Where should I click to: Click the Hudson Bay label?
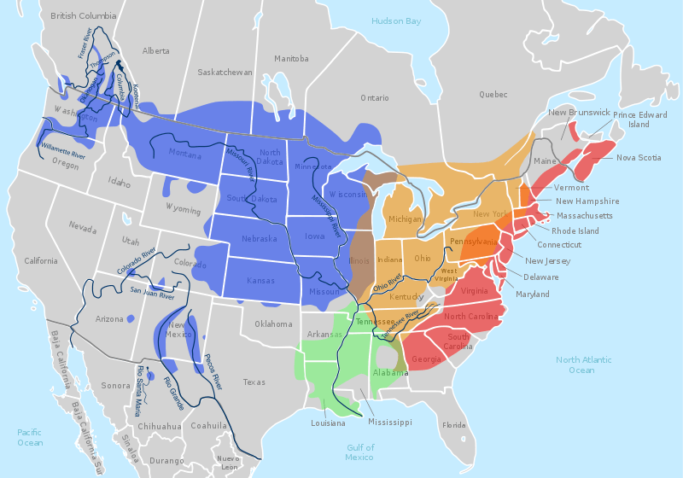(x=396, y=20)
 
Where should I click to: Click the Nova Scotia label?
(x=639, y=157)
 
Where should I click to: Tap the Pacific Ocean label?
(x=30, y=437)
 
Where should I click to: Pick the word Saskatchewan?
(x=225, y=73)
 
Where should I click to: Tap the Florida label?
(x=454, y=425)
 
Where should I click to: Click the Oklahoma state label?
(x=273, y=324)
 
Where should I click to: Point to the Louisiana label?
(x=328, y=423)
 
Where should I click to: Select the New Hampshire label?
(x=587, y=201)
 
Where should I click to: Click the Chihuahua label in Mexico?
(x=161, y=426)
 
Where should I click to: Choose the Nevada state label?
(x=83, y=228)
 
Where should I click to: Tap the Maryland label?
(x=533, y=294)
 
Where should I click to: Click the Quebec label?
(x=493, y=94)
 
